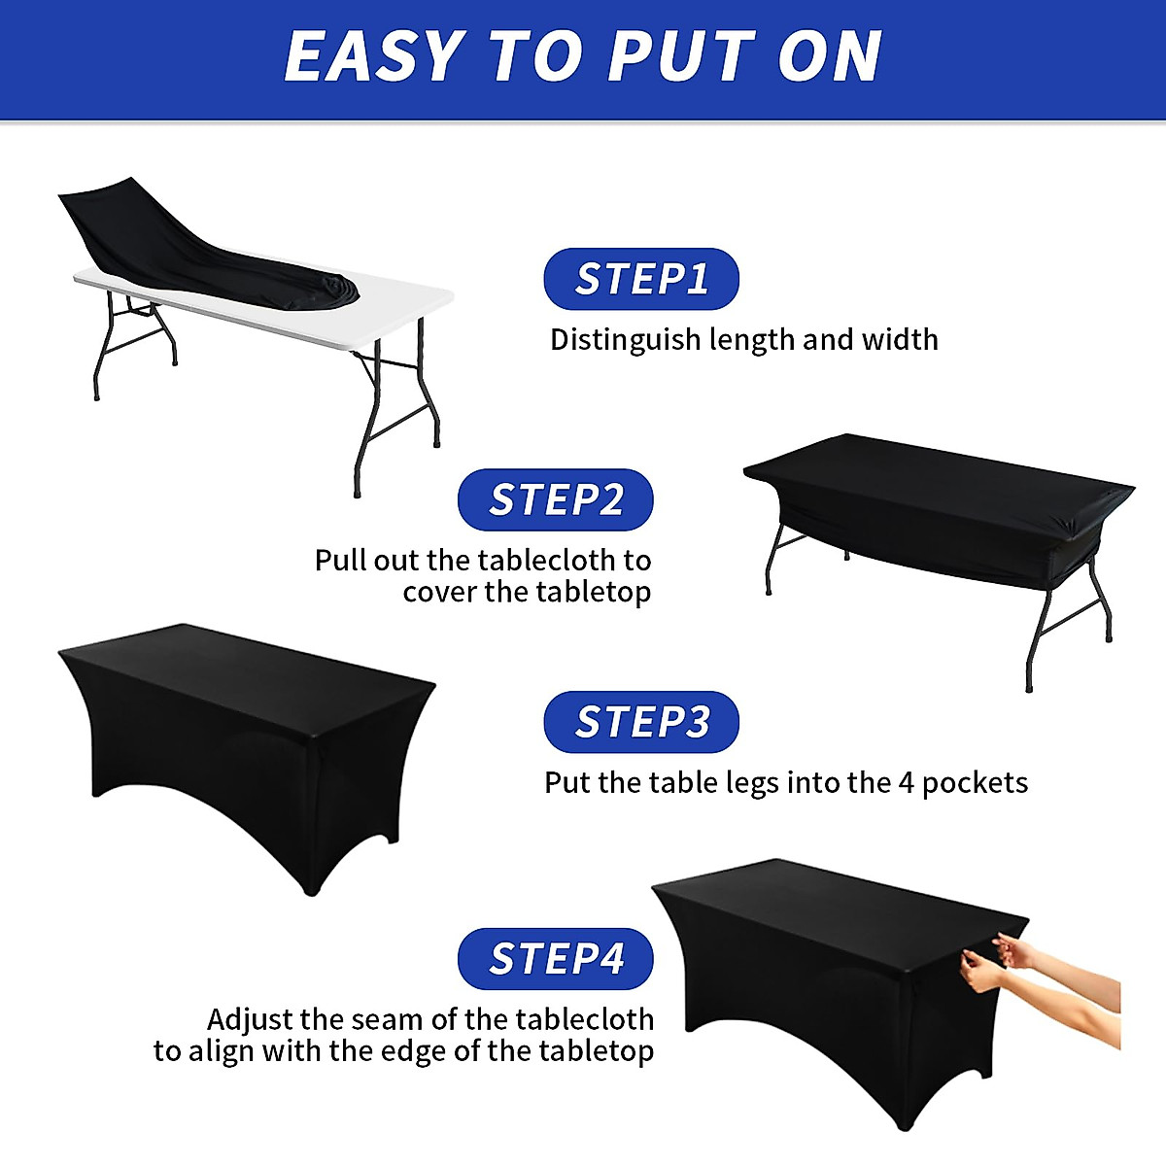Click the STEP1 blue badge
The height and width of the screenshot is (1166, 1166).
(641, 279)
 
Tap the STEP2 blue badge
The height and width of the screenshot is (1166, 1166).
(555, 499)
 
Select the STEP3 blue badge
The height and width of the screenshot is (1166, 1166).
(641, 722)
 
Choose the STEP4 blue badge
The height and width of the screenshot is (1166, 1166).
(555, 958)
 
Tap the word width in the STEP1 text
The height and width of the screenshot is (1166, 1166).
(899, 339)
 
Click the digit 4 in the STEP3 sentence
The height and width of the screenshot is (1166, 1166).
(906, 783)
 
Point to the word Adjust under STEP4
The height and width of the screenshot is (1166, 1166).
(250, 1020)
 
